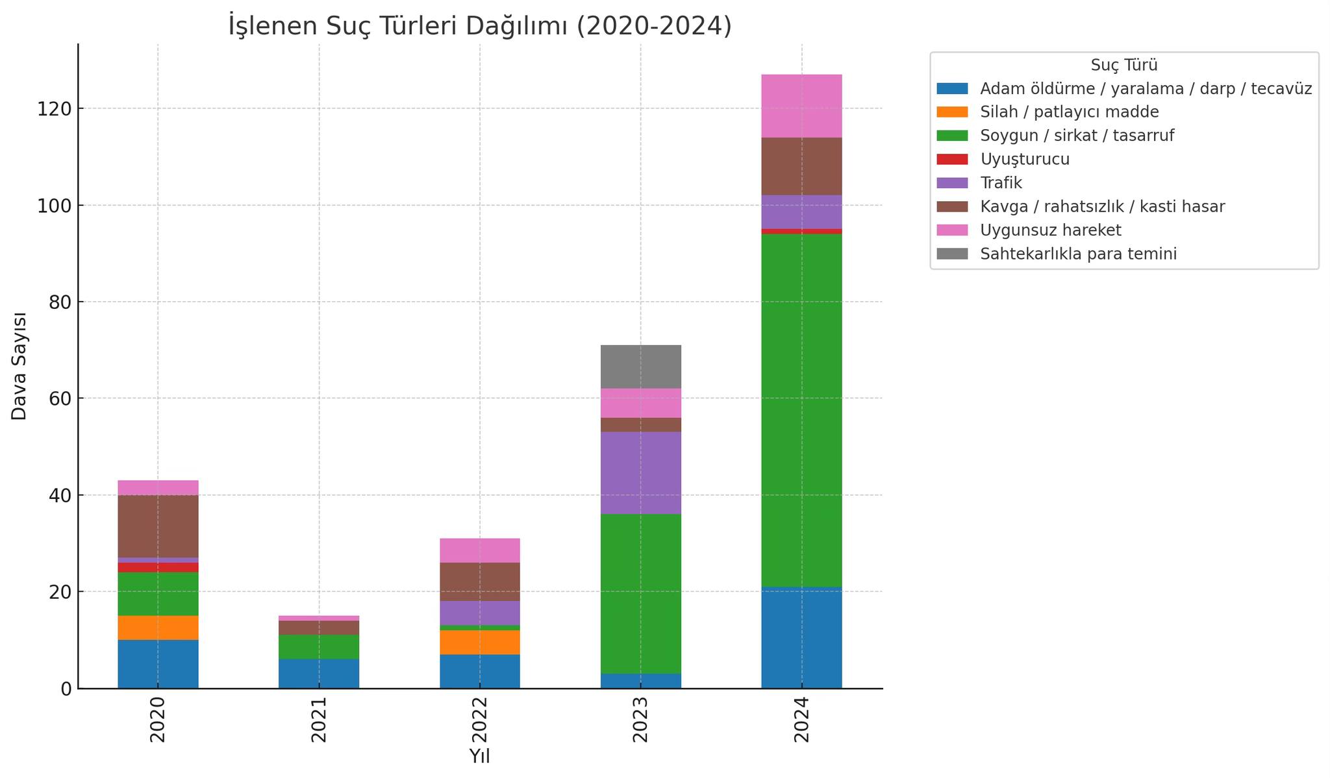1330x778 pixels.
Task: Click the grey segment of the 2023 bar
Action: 640,367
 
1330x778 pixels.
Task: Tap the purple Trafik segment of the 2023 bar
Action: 640,473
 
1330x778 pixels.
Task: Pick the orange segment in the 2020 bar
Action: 158,627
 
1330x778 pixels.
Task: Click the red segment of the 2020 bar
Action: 158,567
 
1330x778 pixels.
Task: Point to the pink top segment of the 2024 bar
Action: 801,106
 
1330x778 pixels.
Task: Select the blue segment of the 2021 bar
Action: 319,674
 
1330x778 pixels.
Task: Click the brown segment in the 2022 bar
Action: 480,581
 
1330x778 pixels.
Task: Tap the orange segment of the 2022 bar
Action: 480,642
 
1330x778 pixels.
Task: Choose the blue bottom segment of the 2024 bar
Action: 801,637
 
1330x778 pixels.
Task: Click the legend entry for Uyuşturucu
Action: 1025,159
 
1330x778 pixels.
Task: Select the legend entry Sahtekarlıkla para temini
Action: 1078,254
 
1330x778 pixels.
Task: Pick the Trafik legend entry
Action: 1001,183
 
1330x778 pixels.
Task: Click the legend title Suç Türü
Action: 1123,66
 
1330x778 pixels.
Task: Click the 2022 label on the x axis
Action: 480,720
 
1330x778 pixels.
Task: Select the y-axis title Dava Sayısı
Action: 19,366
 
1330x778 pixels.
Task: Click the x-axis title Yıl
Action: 479,757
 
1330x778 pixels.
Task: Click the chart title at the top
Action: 480,26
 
